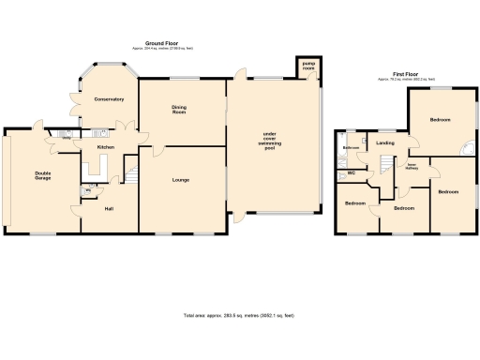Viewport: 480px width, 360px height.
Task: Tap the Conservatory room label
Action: coord(108,99)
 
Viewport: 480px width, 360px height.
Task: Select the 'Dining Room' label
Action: coord(179,109)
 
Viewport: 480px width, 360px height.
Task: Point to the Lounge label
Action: coord(182,179)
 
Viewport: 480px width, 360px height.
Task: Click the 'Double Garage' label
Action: coord(43,175)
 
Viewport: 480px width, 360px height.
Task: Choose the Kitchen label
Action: coord(105,147)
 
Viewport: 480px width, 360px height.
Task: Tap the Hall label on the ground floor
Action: coord(109,208)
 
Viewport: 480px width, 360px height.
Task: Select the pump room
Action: coord(308,67)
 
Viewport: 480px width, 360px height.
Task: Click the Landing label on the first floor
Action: coord(384,142)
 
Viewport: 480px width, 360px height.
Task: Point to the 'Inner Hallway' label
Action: coord(410,168)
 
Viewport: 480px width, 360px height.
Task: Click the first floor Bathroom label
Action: coord(352,148)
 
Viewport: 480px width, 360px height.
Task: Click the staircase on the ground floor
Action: coord(131,174)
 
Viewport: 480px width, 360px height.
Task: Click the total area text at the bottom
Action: coord(239,315)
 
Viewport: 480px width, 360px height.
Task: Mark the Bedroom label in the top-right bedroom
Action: coord(441,120)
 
